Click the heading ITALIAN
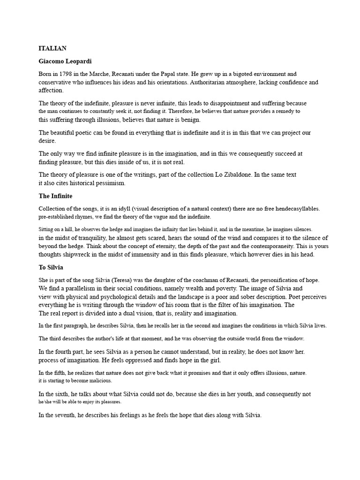click(x=52, y=48)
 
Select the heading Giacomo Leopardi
click(x=68, y=61)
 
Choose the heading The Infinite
click(x=55, y=195)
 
